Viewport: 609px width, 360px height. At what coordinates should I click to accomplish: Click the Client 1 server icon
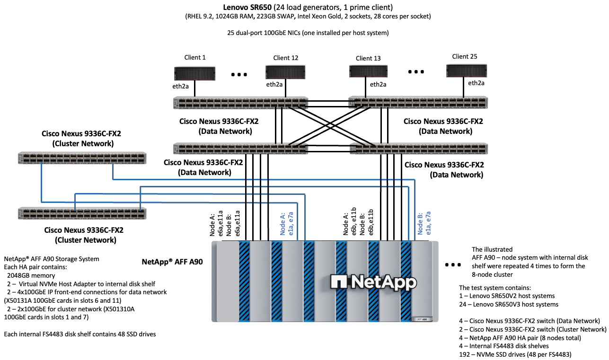tap(194, 72)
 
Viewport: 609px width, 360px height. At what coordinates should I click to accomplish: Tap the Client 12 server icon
tap(285, 72)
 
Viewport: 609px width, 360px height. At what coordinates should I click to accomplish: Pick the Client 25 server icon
tap(467, 70)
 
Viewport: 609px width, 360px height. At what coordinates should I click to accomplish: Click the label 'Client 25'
tap(464, 56)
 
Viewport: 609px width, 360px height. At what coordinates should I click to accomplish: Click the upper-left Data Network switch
tap(240, 103)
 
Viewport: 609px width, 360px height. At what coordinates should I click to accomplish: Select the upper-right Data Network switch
tap(418, 103)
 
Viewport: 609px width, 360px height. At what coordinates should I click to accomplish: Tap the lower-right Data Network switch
tap(418, 149)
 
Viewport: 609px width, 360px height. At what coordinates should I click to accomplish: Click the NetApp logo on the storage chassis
tap(374, 281)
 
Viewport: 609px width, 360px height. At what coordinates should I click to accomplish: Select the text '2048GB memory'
tap(31, 275)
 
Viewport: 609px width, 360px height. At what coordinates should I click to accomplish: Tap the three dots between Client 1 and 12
tap(239, 74)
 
